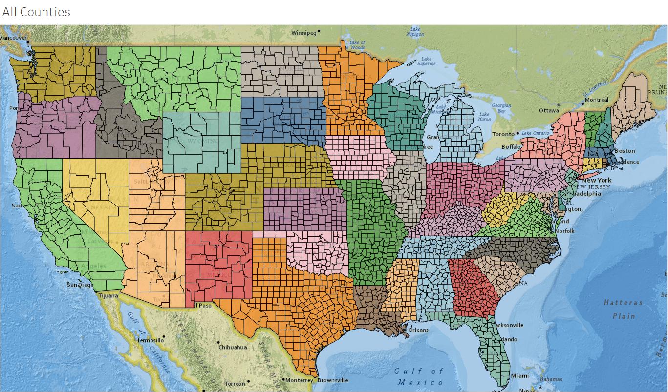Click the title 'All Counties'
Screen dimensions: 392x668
(36, 12)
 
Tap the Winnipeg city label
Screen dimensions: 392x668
(304, 33)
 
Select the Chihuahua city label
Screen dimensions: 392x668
(233, 347)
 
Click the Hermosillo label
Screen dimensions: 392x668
(150, 340)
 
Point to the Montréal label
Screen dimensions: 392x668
(597, 100)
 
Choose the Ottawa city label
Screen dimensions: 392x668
(549, 110)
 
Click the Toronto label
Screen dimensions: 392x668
(503, 134)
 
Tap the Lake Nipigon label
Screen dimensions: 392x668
(415, 32)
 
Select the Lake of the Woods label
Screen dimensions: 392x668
(357, 45)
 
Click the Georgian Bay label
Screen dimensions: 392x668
(501, 108)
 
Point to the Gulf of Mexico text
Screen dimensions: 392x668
(419, 376)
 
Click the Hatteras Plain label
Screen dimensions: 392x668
(623, 309)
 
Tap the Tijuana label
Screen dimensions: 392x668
(108, 296)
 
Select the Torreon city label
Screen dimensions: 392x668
(235, 384)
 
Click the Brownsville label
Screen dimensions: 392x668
(333, 380)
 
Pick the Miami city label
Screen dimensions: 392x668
(519, 376)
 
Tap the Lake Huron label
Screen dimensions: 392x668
(483, 116)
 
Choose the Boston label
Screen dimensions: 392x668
(625, 151)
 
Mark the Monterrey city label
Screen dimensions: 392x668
(299, 380)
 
